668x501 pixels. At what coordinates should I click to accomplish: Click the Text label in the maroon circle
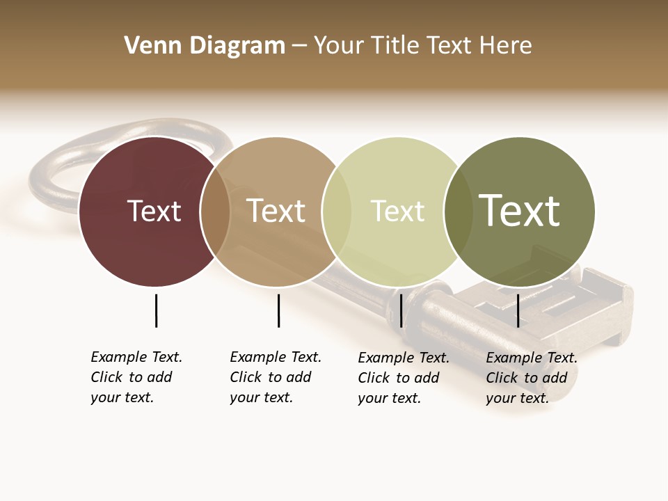[154, 211]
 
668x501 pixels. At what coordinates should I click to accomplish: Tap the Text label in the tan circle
[276, 211]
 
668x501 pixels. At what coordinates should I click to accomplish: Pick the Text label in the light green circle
[397, 212]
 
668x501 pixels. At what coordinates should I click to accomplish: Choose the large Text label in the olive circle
[520, 211]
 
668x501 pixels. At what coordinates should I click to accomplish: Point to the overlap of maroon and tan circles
[215, 212]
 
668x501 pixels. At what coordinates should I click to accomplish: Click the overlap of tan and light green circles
[337, 212]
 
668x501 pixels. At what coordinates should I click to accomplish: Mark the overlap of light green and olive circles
[459, 212]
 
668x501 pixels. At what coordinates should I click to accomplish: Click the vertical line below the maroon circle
[156, 310]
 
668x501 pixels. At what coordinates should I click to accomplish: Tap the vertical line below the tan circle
[278, 310]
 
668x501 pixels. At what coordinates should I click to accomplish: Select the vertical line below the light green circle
[401, 310]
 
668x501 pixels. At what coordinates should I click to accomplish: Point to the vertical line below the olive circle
[518, 310]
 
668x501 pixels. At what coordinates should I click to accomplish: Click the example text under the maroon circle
[136, 377]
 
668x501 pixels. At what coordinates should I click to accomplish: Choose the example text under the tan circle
[275, 377]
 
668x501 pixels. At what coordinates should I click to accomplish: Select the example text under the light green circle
[403, 378]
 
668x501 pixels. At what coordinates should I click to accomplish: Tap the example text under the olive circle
[531, 378]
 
